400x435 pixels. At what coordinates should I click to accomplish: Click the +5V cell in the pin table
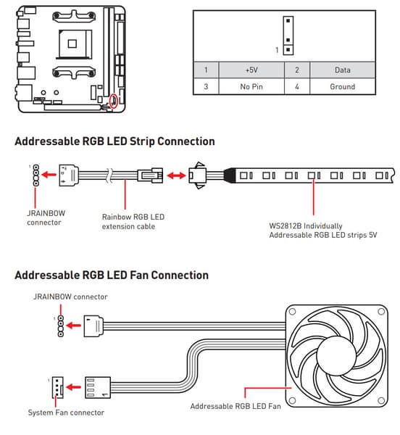click(x=251, y=70)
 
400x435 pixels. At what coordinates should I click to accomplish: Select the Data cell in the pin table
click(x=342, y=70)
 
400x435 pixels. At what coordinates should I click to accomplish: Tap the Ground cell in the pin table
click(x=342, y=86)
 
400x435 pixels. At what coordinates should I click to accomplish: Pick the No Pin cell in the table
click(x=251, y=86)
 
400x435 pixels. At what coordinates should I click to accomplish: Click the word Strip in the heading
click(x=142, y=141)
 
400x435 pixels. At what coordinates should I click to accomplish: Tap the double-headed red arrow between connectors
click(x=176, y=175)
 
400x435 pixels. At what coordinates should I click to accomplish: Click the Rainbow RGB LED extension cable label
click(x=133, y=222)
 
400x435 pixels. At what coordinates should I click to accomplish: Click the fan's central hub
click(x=336, y=356)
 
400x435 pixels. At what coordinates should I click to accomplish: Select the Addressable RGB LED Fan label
click(x=236, y=406)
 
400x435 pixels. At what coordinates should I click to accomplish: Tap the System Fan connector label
click(x=66, y=413)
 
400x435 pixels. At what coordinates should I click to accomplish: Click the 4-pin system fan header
click(x=57, y=388)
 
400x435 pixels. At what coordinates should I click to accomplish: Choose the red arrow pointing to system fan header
click(x=73, y=387)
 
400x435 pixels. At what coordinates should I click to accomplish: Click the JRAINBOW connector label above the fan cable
click(x=70, y=297)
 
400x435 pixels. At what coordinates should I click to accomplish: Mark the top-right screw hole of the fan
click(x=381, y=312)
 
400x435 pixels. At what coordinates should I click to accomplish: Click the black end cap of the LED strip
click(x=230, y=175)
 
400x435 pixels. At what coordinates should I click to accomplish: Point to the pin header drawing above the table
click(x=288, y=36)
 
